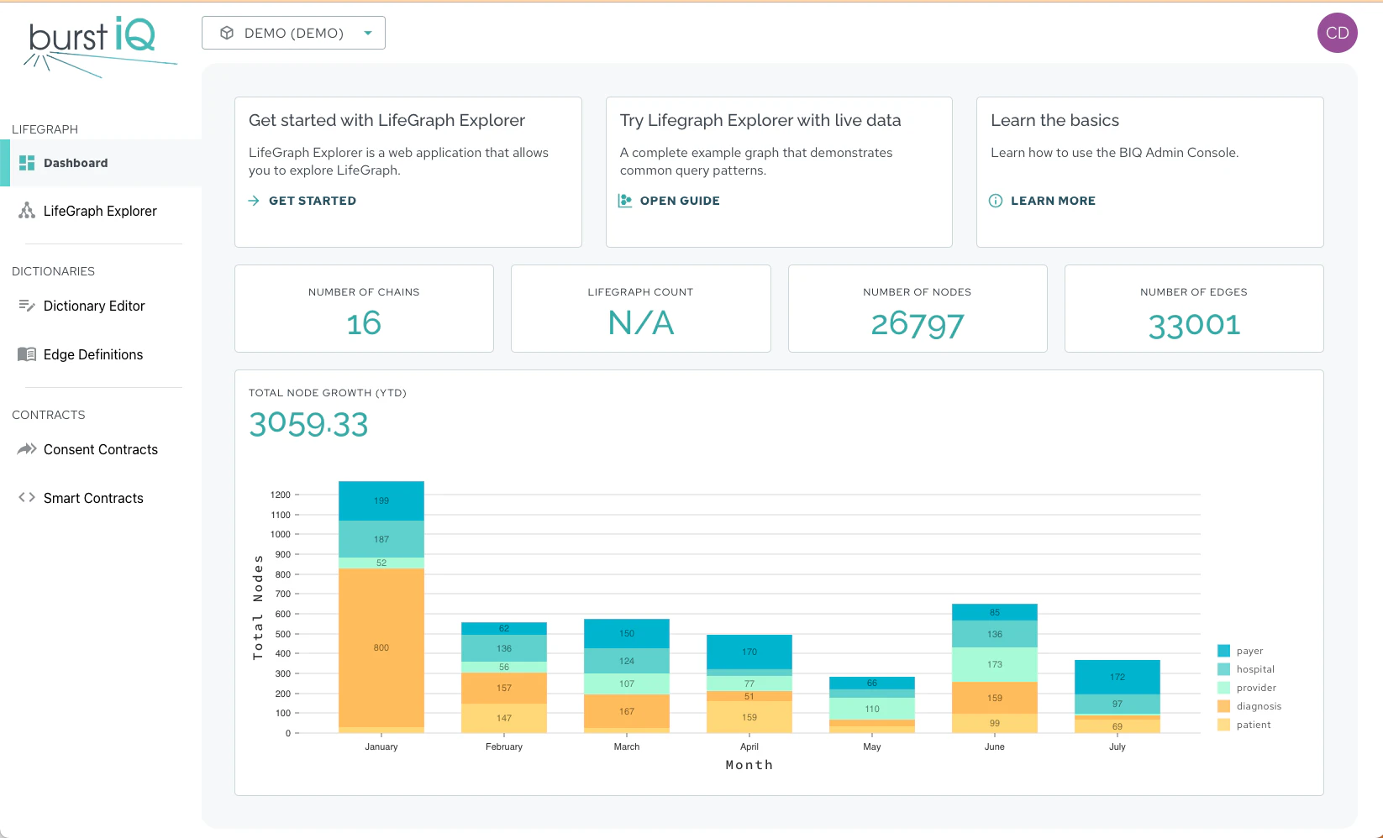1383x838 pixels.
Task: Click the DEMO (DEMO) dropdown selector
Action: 293,33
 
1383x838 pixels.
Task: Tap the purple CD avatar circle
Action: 1337,33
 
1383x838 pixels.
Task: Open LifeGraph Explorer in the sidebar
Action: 99,211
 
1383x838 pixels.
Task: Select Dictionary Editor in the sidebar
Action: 93,306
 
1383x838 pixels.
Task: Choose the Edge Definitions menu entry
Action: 92,354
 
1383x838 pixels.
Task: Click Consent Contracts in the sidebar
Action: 100,449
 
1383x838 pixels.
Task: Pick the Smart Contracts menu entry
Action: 92,498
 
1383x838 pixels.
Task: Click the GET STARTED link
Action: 312,201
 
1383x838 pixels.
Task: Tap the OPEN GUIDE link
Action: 679,201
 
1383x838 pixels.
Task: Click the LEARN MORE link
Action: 1052,201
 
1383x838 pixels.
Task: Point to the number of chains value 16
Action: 364,323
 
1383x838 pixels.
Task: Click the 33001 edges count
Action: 1193,324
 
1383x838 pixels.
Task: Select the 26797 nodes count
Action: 917,324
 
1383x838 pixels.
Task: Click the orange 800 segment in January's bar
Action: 381,647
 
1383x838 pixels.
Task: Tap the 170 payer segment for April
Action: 749,652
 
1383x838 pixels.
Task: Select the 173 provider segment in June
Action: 995,664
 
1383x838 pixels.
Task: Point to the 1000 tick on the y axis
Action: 281,534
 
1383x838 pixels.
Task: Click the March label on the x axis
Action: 627,746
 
